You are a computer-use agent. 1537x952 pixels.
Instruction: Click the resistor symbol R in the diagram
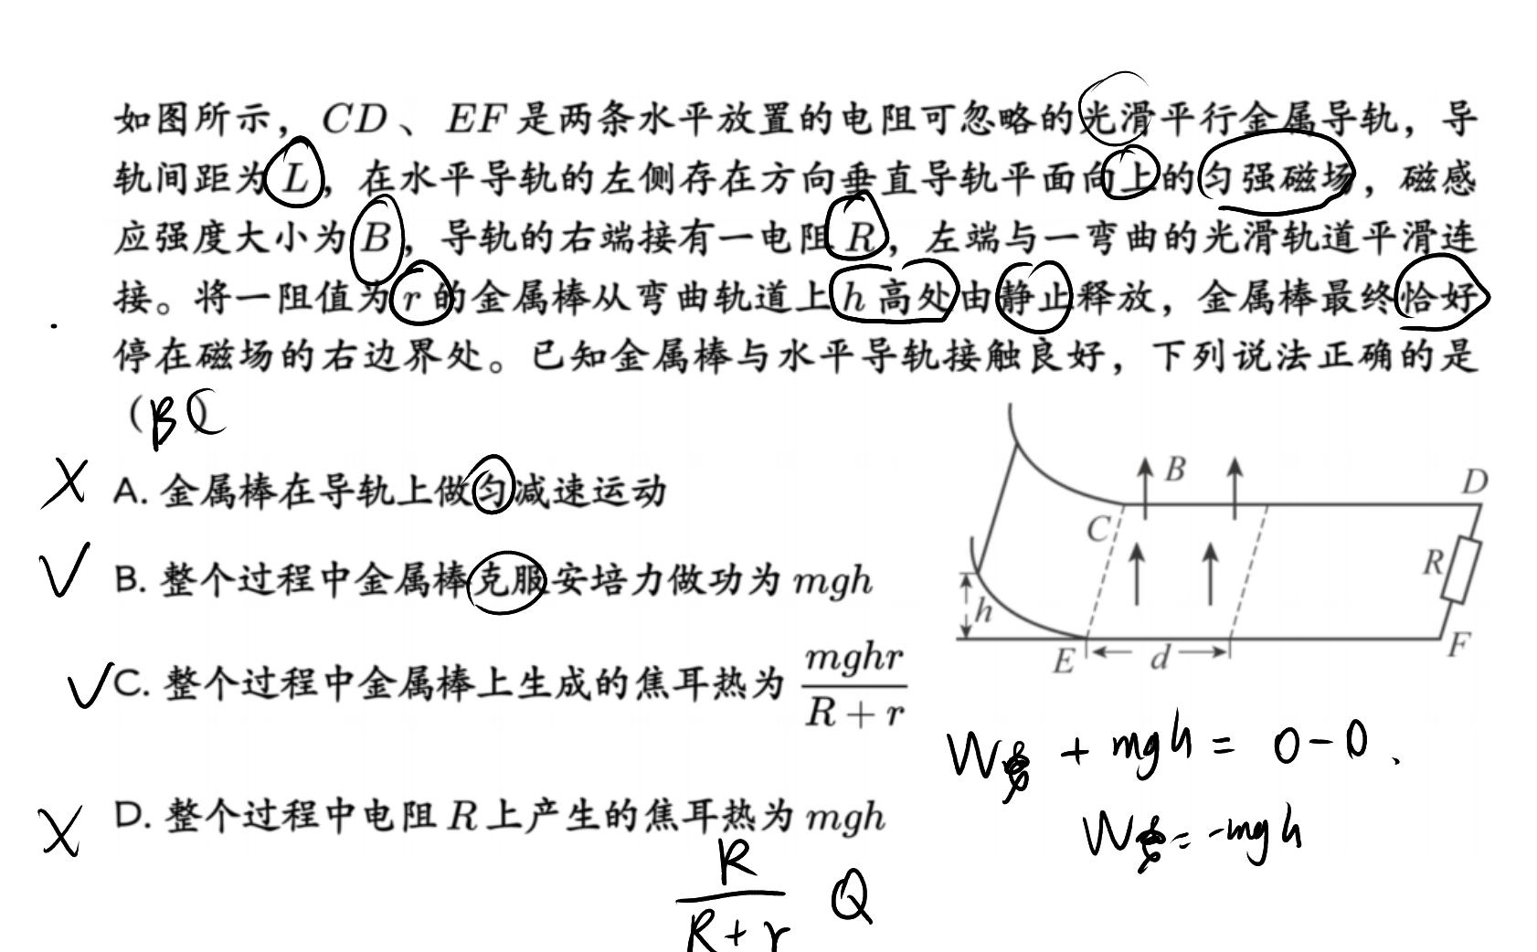[x=1461, y=571]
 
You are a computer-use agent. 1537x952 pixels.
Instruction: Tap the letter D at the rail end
[x=1475, y=482]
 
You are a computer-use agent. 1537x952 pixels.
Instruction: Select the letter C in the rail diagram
[x=1098, y=529]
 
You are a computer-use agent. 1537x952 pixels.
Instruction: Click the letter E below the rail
[x=1063, y=661]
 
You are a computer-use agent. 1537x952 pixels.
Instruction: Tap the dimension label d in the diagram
[x=1160, y=659]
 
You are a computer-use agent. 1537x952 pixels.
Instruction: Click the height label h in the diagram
[x=983, y=609]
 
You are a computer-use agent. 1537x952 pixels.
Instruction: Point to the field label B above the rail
[x=1175, y=469]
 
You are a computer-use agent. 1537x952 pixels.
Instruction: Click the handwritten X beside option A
[x=65, y=484]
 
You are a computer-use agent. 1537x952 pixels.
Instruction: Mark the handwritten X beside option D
[x=61, y=830]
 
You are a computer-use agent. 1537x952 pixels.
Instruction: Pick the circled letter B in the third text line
[x=376, y=238]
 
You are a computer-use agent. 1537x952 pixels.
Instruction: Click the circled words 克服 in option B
[x=507, y=581]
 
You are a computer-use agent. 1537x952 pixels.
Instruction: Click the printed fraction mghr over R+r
[x=855, y=686]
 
